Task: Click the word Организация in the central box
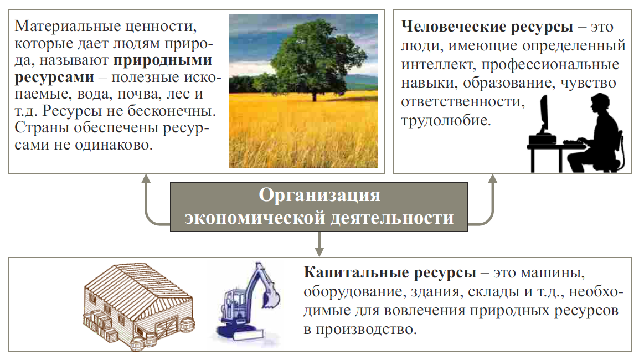point(319,196)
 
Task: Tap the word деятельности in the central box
point(391,218)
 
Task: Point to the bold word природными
point(163,61)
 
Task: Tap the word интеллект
point(438,65)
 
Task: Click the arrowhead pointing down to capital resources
point(319,251)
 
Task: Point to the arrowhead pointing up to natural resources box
point(146,178)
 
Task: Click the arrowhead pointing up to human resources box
point(493,178)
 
